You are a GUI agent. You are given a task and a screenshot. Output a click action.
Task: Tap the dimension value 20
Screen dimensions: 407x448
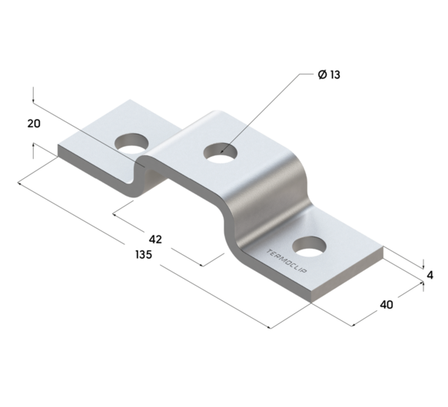pyautogui.click(x=33, y=123)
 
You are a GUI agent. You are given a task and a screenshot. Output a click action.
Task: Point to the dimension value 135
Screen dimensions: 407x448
pyautogui.click(x=142, y=254)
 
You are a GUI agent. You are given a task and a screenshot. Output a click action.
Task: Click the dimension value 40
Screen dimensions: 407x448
pyautogui.click(x=386, y=304)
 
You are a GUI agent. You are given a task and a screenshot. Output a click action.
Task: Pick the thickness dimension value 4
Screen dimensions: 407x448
pyautogui.click(x=430, y=274)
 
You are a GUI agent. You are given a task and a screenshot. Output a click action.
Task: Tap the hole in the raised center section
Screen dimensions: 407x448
pyautogui.click(x=220, y=151)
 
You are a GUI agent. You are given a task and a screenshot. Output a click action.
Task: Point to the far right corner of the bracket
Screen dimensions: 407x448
pyautogui.click(x=383, y=250)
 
